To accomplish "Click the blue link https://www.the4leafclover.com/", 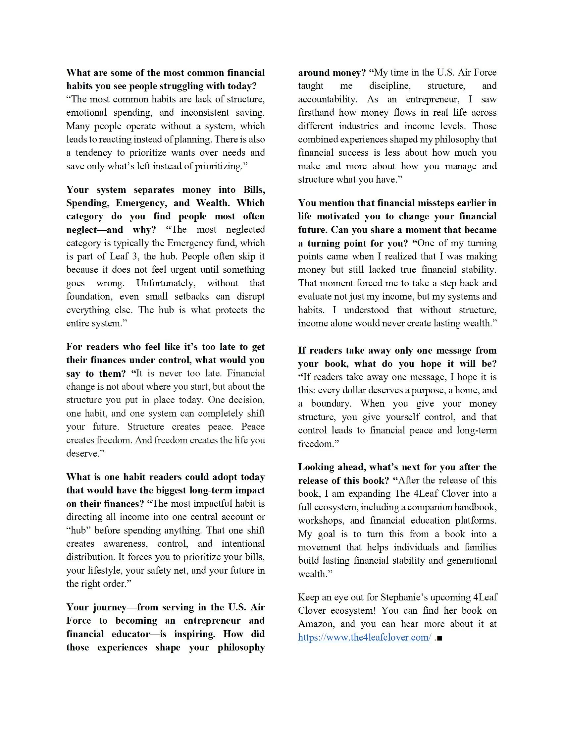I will coord(364,637).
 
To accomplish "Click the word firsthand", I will coord(315,112).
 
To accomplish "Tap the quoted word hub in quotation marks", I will coord(79,531).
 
